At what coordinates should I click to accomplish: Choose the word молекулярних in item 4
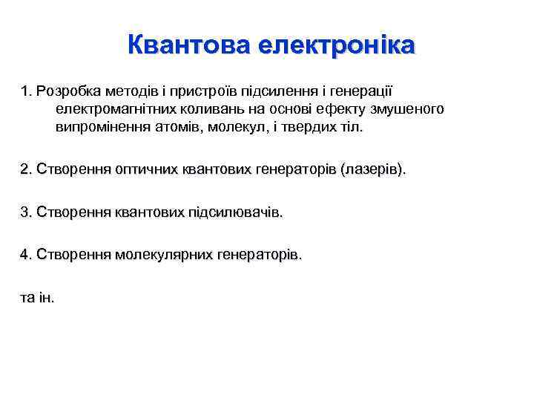pyautogui.click(x=162, y=255)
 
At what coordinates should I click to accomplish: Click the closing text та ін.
pyautogui.click(x=38, y=298)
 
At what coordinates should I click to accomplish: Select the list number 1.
pyautogui.click(x=27, y=91)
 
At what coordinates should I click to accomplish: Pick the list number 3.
pyautogui.click(x=27, y=212)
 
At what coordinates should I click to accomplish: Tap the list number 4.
pyautogui.click(x=27, y=255)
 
